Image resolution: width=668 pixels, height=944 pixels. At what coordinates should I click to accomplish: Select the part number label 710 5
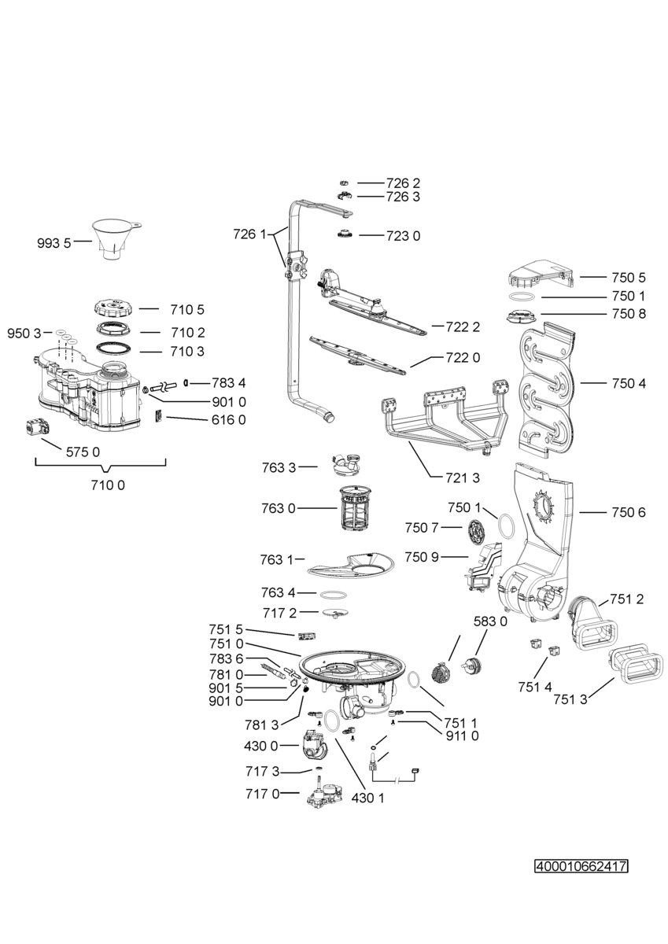pos(187,310)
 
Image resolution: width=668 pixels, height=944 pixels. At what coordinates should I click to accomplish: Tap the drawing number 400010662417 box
pos(581,866)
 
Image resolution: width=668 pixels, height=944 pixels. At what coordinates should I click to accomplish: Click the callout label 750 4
pos(629,384)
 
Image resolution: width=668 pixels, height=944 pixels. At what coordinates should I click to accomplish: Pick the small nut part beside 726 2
pos(344,183)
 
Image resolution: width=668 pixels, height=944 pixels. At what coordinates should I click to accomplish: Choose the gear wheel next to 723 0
pos(345,234)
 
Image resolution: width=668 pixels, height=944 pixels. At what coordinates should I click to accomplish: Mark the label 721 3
pos(463,478)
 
